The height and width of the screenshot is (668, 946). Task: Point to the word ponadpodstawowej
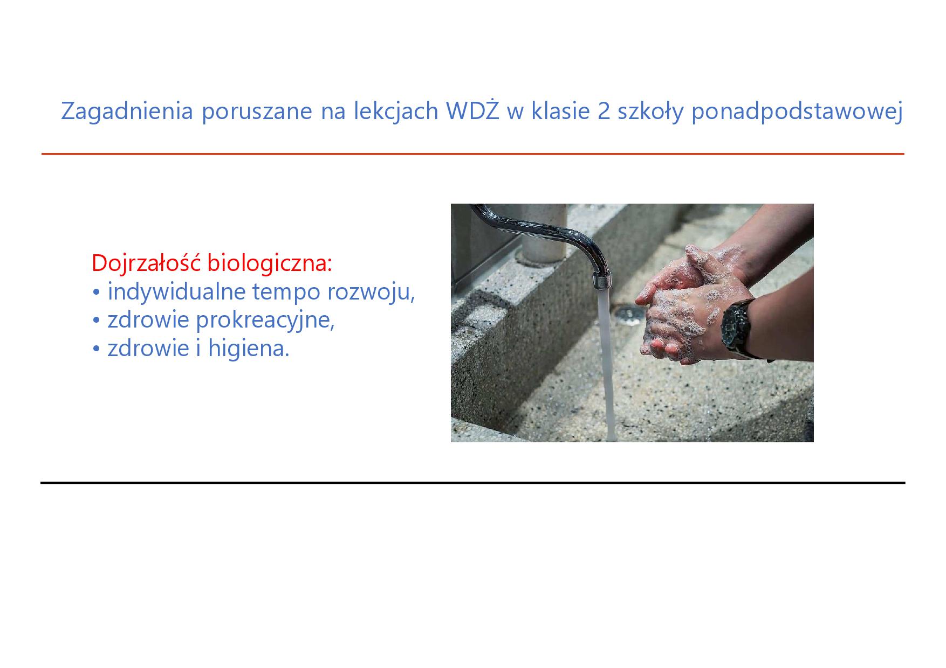[x=796, y=112]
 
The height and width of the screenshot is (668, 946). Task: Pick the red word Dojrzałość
[x=147, y=263]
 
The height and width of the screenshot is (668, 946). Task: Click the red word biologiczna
[x=270, y=264]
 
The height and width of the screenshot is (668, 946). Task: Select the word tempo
[x=286, y=293]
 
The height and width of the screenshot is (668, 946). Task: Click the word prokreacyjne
[x=265, y=321]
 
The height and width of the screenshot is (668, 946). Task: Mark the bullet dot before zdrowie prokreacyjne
[x=97, y=321]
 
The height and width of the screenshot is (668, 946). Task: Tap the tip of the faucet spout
[x=602, y=284]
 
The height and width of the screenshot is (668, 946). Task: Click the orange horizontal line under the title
[x=472, y=154]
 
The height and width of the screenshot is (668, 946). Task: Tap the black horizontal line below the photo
[x=472, y=483]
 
